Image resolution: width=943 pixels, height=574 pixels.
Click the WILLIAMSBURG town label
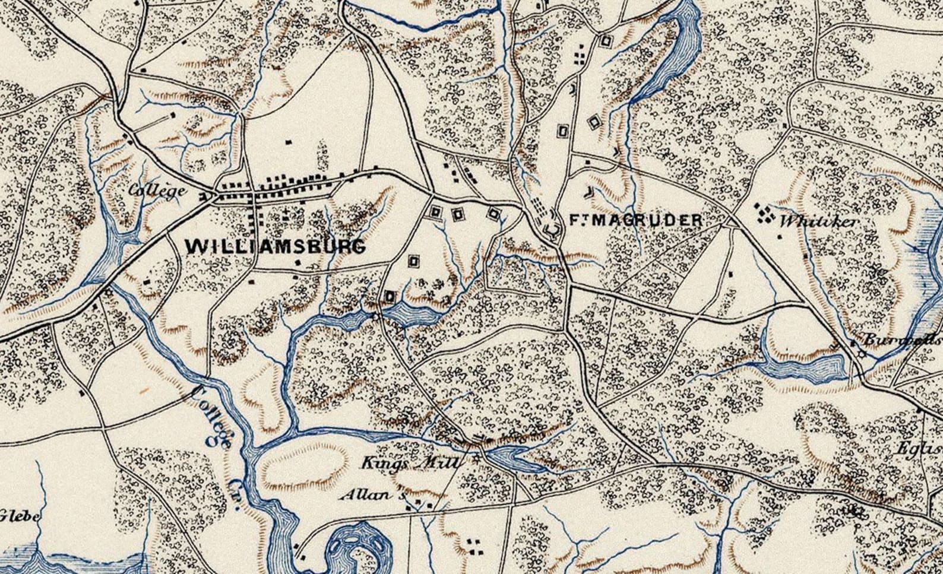276,246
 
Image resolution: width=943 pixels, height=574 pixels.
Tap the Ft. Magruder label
635,220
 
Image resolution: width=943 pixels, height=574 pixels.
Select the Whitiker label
819,222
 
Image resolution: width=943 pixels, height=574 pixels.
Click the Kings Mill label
411,462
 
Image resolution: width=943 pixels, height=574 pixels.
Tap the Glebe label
20,516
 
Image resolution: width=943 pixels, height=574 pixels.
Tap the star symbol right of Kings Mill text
476,458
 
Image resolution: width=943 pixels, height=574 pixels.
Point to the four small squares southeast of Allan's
473,547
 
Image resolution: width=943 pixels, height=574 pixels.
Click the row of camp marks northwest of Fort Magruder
539,207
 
